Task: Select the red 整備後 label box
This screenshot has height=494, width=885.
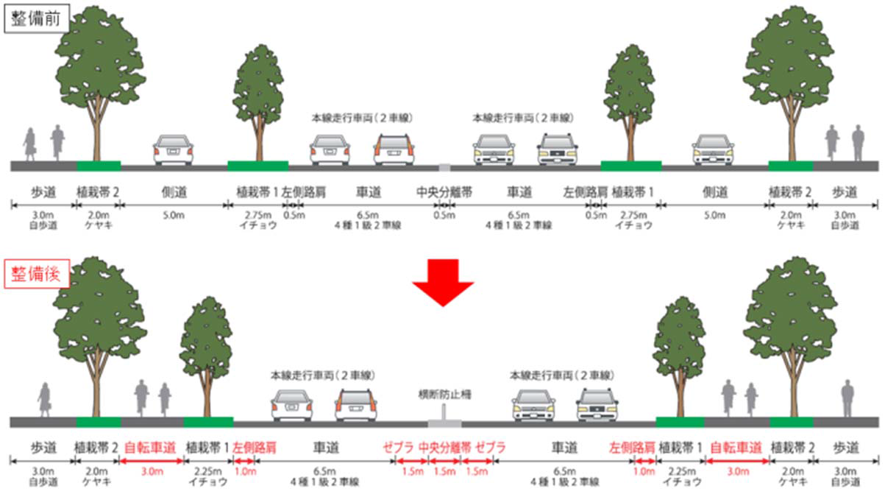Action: coord(38,276)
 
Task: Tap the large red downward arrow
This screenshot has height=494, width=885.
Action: coord(442,281)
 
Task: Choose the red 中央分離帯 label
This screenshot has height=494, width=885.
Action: coord(444,447)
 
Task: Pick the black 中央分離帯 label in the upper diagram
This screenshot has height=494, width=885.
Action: coord(444,192)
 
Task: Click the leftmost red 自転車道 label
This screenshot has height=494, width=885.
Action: coord(151,447)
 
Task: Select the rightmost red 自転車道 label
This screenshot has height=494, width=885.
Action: coord(736,447)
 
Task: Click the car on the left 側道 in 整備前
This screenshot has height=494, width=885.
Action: coord(173,149)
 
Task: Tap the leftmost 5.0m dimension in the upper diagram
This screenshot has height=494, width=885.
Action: coord(174,215)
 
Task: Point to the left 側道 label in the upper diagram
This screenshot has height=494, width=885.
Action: coord(174,192)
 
